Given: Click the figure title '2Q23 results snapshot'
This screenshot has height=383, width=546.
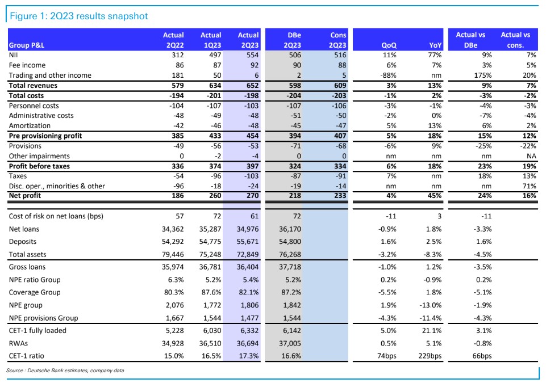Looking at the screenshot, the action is (x=99, y=16).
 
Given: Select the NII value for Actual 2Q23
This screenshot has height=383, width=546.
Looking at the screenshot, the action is (x=252, y=55).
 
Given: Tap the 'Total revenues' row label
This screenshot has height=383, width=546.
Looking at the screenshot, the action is (x=33, y=86).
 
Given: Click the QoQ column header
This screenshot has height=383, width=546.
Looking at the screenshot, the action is (x=389, y=45).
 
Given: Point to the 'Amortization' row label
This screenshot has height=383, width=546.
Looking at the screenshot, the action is (x=30, y=125).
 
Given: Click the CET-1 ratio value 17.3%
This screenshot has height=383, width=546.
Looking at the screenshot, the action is (x=249, y=356).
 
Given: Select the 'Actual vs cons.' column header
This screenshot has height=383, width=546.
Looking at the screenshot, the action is (x=515, y=40).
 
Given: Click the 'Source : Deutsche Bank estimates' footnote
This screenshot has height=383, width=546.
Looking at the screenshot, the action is (x=65, y=371).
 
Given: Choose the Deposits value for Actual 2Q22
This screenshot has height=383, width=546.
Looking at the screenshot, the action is (x=173, y=242).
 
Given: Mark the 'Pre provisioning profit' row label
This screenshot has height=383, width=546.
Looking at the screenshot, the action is (x=45, y=136).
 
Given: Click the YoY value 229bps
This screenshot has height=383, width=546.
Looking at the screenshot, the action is (x=430, y=356).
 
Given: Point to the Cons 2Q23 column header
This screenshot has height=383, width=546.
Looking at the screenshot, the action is (x=337, y=40).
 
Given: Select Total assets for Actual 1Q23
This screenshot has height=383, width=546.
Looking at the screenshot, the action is (x=210, y=255).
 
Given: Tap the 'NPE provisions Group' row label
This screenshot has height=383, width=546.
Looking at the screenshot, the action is (x=44, y=318).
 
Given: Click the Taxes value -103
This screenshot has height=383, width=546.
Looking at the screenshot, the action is (x=252, y=176).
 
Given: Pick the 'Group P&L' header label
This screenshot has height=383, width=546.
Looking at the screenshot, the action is (x=27, y=45).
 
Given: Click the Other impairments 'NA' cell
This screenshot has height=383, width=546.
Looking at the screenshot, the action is (x=531, y=156).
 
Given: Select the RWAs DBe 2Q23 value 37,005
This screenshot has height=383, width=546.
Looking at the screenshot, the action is (x=290, y=343).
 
